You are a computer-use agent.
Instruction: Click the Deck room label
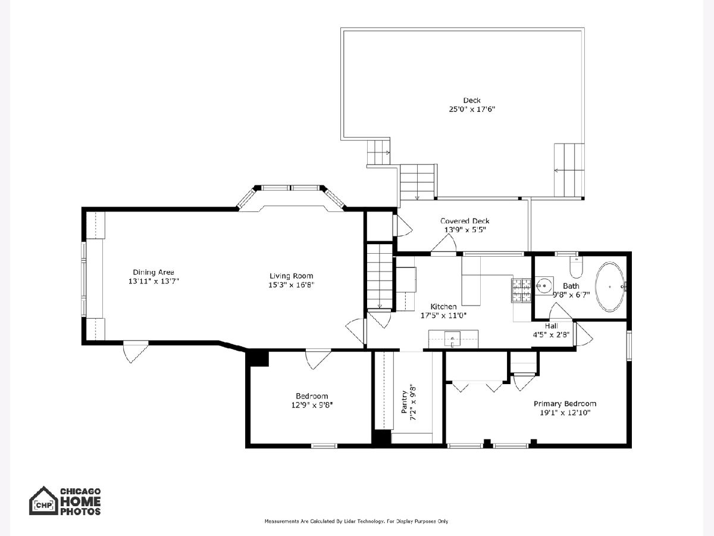pos(472,100)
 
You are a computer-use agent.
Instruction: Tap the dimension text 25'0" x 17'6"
pos(472,110)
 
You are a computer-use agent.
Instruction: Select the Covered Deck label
pos(465,221)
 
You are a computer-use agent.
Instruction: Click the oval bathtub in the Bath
pos(610,286)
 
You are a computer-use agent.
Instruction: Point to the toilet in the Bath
pos(577,267)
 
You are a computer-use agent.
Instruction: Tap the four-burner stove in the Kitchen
pos(521,291)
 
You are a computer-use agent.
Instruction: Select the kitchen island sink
pos(452,339)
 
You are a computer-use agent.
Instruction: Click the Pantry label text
pos(405,403)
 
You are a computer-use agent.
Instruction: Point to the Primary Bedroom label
pos(565,404)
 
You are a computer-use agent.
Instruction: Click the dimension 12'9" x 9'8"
pos(312,405)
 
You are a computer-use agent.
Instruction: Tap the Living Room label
pos(291,276)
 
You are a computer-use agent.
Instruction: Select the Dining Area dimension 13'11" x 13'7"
pos(154,281)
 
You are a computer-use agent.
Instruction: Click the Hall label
pos(552,326)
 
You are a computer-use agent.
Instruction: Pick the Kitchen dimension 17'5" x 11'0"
pos(443,316)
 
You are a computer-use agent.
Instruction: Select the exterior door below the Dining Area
pos(136,352)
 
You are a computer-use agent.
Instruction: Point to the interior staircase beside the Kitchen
pos(380,276)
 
